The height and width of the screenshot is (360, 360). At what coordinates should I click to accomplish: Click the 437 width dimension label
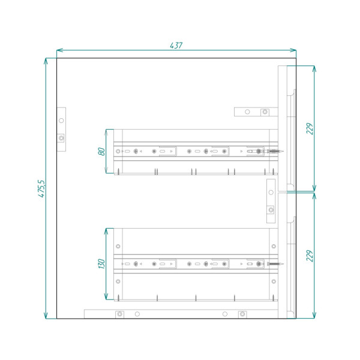click(x=176, y=46)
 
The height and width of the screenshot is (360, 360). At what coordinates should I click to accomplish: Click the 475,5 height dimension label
click(x=42, y=188)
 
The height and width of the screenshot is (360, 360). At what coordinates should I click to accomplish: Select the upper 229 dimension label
click(x=310, y=129)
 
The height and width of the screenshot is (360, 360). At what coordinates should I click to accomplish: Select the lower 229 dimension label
click(x=310, y=256)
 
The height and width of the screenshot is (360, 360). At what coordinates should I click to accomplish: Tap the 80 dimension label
click(x=101, y=151)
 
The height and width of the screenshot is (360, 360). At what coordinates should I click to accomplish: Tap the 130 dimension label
click(x=101, y=263)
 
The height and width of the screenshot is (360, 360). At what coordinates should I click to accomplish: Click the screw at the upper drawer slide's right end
click(x=275, y=151)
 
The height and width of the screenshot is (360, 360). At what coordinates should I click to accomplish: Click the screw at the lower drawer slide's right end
click(x=275, y=264)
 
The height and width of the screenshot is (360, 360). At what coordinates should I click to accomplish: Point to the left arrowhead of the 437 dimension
click(x=59, y=50)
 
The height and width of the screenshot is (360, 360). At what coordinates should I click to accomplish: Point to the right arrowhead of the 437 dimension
click(x=293, y=50)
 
